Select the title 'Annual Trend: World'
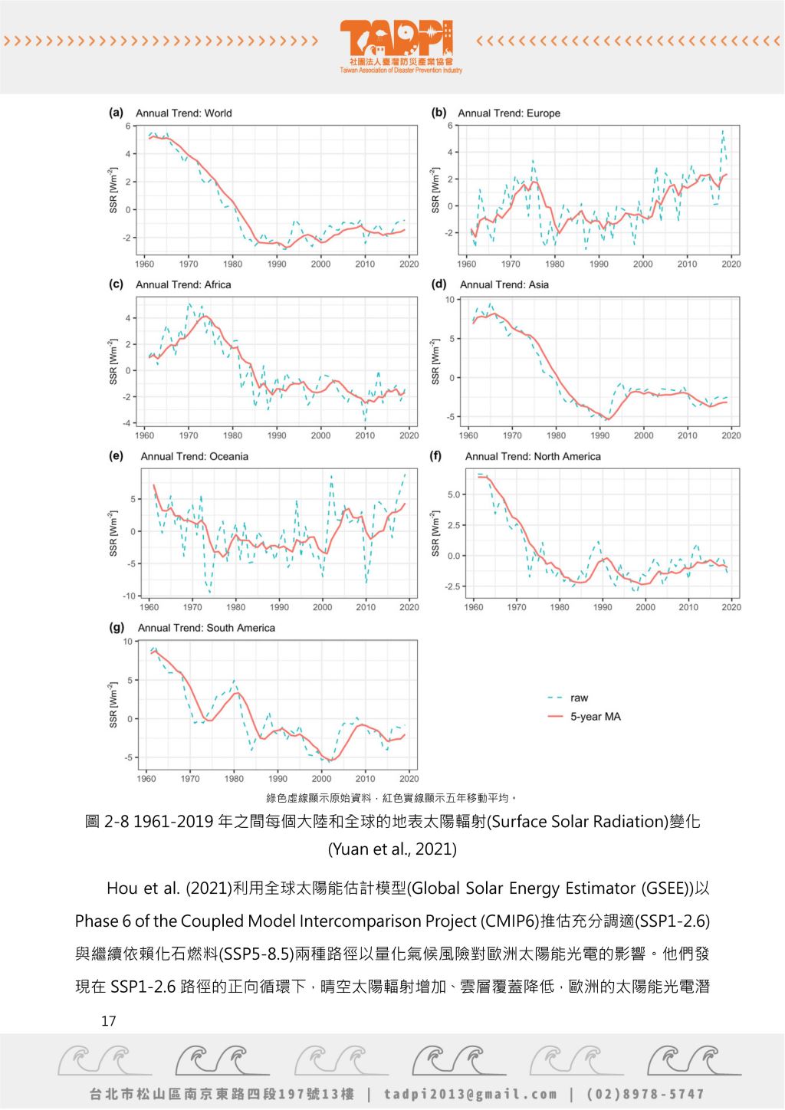(x=183, y=113)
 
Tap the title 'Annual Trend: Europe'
(x=509, y=113)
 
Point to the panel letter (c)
(x=116, y=284)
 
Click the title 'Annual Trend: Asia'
(x=504, y=284)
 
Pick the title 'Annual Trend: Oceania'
(x=195, y=456)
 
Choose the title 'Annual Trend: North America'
(x=533, y=456)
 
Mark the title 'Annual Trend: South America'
(x=206, y=628)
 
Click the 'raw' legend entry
(x=579, y=698)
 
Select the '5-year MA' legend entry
(x=595, y=717)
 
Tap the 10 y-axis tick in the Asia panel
(x=450, y=300)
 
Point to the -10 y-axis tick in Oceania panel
(x=129, y=596)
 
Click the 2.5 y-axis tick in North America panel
(x=453, y=525)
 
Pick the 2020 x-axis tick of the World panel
(x=409, y=264)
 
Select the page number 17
(x=109, y=1021)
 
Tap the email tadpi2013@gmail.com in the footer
(x=470, y=1094)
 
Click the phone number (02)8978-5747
(x=645, y=1094)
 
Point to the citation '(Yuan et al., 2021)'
(x=392, y=849)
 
